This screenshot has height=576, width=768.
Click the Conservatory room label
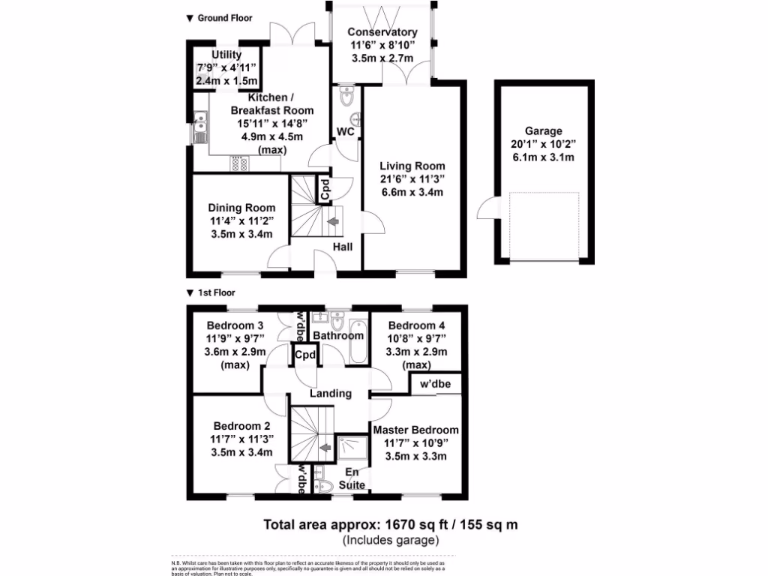point(382,32)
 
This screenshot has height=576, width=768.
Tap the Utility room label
point(226,55)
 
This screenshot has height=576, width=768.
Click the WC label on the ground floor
point(346,132)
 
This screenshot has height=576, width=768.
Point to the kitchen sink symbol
point(200,127)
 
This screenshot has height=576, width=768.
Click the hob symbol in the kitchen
point(240,163)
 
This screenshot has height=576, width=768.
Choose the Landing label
point(331,393)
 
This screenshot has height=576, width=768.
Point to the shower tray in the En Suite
point(352,448)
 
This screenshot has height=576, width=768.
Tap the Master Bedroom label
point(415,430)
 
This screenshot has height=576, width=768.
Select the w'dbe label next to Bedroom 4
point(435,384)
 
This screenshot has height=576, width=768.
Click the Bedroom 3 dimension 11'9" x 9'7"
point(235,338)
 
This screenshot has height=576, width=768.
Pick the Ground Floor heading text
point(225,17)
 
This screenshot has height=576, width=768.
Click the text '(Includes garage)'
point(390,539)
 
